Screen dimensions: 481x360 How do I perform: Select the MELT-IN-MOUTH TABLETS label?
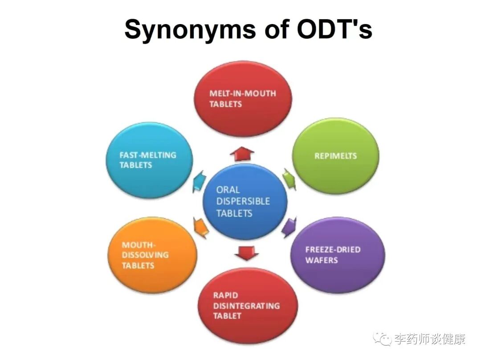[242, 98]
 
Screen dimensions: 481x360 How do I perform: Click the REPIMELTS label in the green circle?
[335, 156]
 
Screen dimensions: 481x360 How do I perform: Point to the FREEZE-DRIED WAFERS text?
[333, 254]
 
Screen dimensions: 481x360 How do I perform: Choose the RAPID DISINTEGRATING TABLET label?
[246, 305]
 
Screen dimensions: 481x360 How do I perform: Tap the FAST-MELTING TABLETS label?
[147, 160]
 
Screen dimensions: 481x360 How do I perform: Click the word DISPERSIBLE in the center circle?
[243, 201]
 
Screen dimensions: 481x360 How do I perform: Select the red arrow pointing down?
[246, 253]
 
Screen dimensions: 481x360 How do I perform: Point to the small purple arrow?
[289, 227]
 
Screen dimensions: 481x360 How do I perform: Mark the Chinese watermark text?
[430, 340]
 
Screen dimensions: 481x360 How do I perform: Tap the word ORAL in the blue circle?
[228, 189]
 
